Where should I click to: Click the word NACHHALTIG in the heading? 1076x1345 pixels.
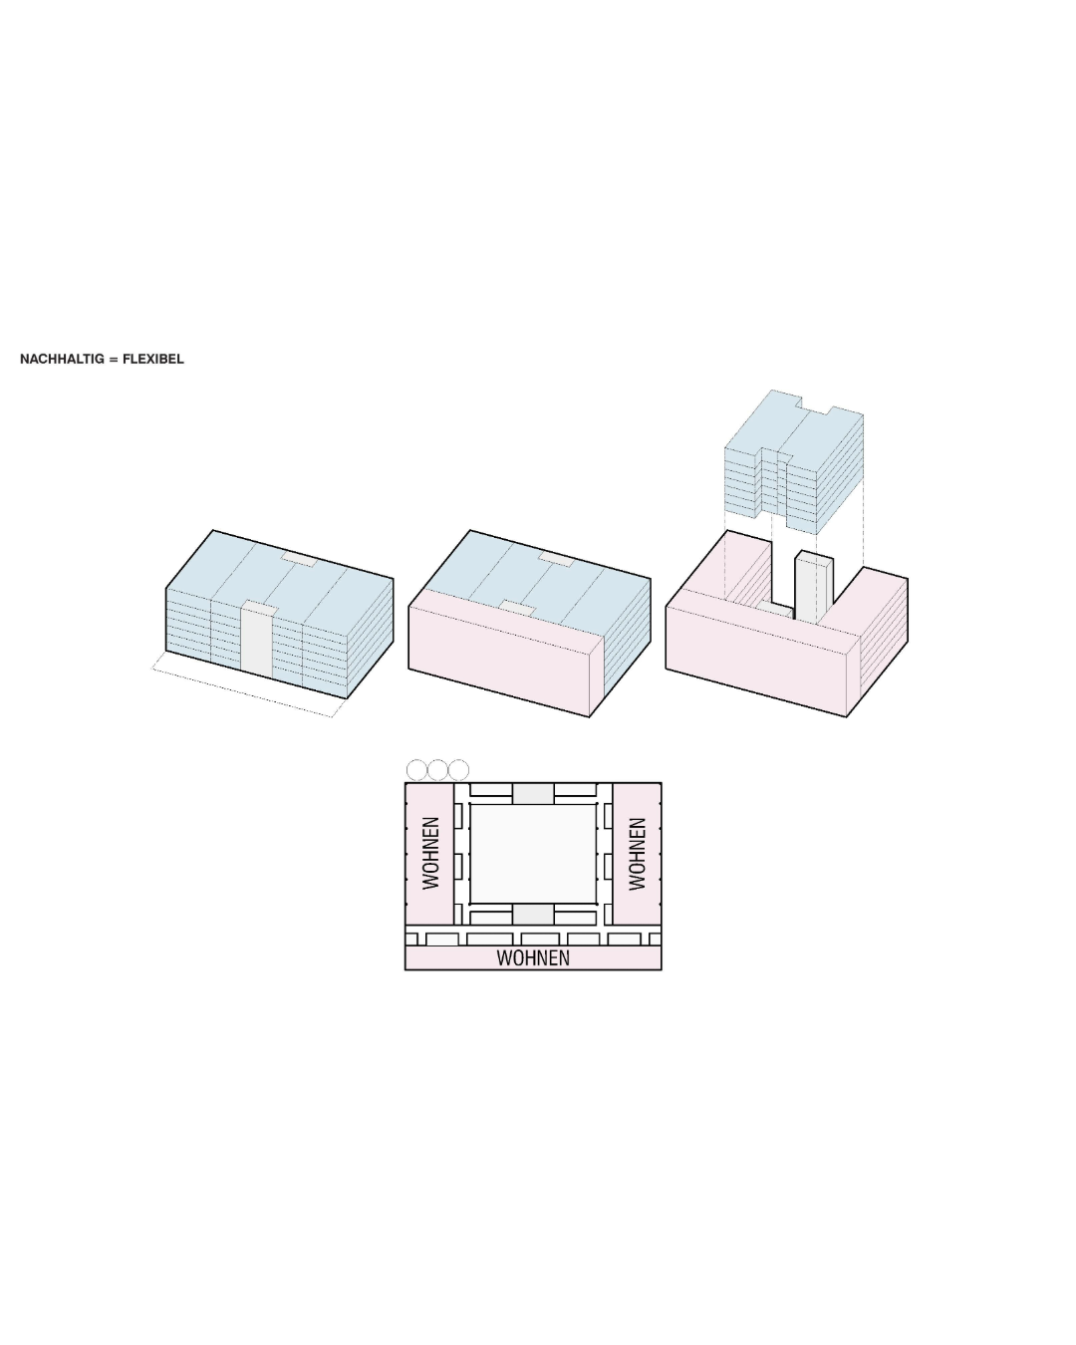coord(62,359)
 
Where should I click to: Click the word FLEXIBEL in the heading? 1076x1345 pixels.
coord(153,359)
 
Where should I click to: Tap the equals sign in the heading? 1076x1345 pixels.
coord(114,360)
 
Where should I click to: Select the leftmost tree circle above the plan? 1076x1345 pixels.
coord(416,770)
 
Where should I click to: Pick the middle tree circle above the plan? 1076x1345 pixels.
coord(437,770)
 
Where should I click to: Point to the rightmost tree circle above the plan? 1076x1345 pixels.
coord(459,770)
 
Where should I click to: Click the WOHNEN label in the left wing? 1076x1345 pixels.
coord(430,853)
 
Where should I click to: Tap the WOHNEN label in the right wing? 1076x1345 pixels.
coord(637,853)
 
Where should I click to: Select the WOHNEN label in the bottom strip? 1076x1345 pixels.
coord(533,958)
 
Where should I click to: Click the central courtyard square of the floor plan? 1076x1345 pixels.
coord(533,853)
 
